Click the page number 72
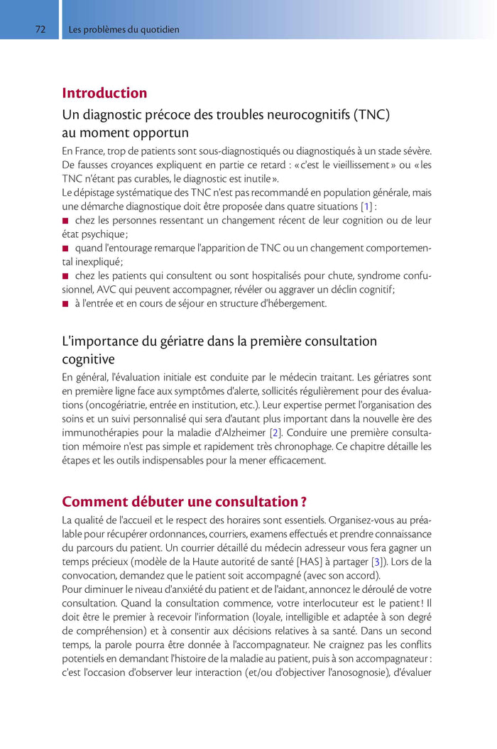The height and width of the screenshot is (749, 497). [40, 30]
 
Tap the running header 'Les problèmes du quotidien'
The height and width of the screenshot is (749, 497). [124, 30]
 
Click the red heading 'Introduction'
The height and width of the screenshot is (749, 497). [104, 93]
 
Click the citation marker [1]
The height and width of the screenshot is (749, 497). [366, 207]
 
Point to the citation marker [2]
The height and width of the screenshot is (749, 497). [275, 432]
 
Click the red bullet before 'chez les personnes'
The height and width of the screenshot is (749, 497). [66, 221]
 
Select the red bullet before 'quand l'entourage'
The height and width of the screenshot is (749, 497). [66, 248]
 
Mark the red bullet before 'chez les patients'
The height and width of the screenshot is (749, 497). [66, 276]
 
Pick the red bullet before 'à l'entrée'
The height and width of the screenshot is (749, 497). [66, 304]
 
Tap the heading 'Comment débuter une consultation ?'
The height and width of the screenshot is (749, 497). [184, 502]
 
